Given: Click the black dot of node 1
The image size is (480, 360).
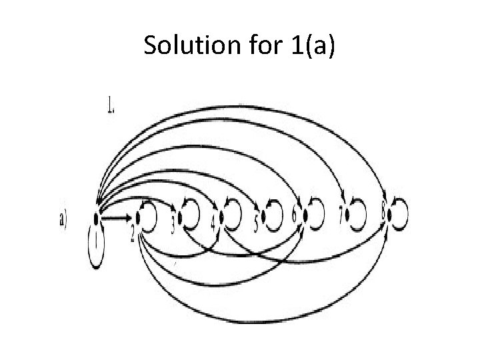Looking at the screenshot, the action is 97,217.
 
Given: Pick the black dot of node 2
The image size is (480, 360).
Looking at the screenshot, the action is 139,217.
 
